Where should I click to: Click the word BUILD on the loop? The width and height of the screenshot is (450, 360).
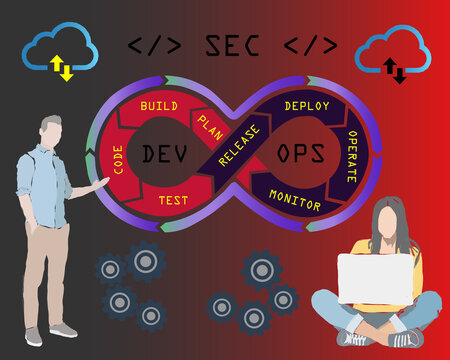click(x=159, y=105)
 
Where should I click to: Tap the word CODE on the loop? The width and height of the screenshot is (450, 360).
click(x=119, y=161)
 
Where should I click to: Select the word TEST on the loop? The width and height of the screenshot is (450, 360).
click(x=173, y=200)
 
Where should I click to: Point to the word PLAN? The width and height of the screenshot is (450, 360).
click(x=210, y=124)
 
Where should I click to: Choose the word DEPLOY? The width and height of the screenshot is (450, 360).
click(x=307, y=105)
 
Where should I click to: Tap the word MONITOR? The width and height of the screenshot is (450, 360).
click(x=295, y=202)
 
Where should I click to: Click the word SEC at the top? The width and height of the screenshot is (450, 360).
click(x=232, y=45)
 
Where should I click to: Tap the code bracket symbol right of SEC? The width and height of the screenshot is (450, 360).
click(x=311, y=45)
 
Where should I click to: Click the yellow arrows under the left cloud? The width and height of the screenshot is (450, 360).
click(x=62, y=68)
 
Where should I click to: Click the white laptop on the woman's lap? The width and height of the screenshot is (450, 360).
click(x=374, y=278)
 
